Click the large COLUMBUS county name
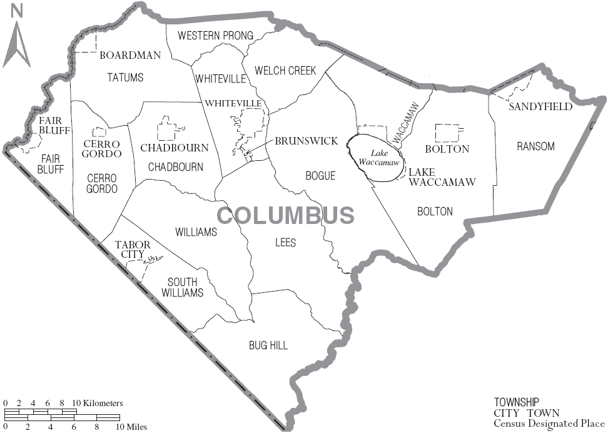coord(286,215)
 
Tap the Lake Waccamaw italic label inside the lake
coord(379,157)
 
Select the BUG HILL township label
coord(268,345)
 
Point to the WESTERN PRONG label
coord(215,36)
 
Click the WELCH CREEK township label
coord(285,71)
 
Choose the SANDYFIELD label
coord(540,106)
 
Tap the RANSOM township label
coord(535,146)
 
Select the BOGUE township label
coord(320,176)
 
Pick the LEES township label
coord(285,242)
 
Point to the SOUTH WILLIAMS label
coord(183,287)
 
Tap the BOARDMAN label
coord(130,55)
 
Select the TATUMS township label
coord(125,78)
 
